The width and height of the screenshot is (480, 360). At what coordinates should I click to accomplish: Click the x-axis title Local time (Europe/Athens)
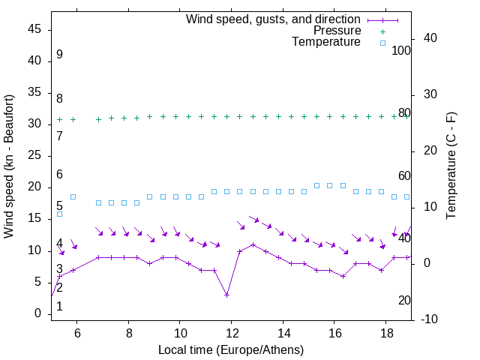click(231, 350)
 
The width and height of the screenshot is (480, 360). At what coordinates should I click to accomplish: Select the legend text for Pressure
click(337, 31)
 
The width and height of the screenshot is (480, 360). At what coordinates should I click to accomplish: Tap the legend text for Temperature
click(326, 42)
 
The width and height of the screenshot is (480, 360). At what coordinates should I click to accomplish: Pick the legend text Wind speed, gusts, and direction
click(274, 19)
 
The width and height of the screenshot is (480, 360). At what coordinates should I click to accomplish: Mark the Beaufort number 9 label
click(59, 55)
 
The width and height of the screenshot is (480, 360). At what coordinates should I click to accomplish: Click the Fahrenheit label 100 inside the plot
click(401, 51)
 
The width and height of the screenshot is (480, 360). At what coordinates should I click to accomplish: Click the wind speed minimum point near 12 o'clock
click(226, 295)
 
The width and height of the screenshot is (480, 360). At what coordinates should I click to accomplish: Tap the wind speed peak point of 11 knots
click(253, 244)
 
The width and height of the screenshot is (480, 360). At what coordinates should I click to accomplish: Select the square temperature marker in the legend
click(382, 43)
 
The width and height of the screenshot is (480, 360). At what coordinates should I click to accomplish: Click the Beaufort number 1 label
click(59, 306)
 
